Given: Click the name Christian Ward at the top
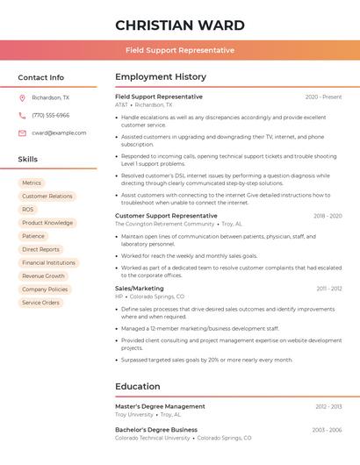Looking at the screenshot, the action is click(x=180, y=25).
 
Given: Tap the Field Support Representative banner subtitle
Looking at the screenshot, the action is click(x=180, y=50).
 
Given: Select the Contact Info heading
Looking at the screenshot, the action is click(x=40, y=77).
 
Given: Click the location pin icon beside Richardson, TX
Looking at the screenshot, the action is click(x=22, y=98).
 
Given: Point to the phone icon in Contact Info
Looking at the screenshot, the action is click(x=22, y=115).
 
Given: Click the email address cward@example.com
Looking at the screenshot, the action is click(x=59, y=132).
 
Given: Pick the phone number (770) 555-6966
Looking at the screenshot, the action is click(x=50, y=115).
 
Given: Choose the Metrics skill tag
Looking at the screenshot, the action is click(x=32, y=183).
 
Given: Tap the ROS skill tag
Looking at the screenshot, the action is click(x=28, y=210).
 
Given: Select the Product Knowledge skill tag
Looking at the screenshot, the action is click(x=47, y=223).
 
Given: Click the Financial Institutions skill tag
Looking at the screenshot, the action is click(x=48, y=262).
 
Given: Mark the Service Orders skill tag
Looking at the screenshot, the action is click(x=40, y=303).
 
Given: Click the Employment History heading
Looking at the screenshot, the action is click(x=161, y=77).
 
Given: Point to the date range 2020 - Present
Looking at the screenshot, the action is click(x=323, y=97).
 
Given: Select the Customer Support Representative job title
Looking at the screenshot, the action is click(x=166, y=215).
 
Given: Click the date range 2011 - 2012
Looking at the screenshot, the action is click(x=329, y=288).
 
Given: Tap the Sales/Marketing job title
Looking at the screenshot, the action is click(x=139, y=288).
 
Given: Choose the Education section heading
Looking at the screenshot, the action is click(x=137, y=386).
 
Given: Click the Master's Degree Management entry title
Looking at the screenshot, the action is click(x=160, y=406).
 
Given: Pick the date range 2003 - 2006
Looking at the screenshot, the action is click(x=327, y=430).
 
